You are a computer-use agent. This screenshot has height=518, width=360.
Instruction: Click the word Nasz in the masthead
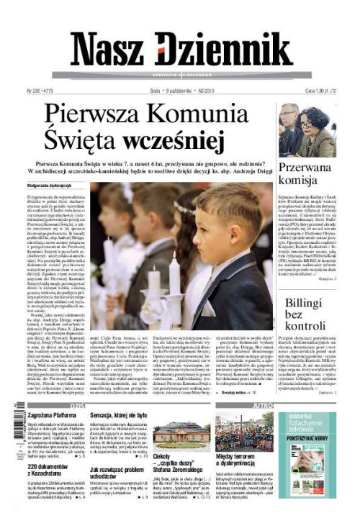click(108, 51)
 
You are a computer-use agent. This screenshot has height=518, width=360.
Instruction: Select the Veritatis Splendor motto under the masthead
click(180, 75)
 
